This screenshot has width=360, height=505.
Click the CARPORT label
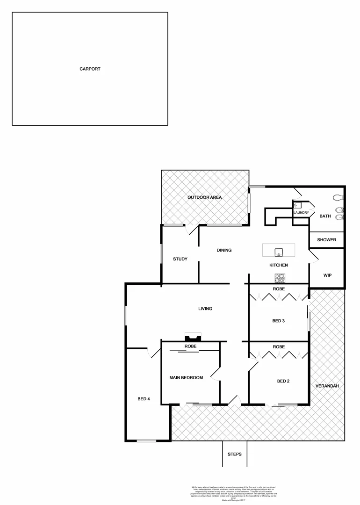tap(90, 69)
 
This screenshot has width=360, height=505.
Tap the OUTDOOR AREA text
tap(204, 197)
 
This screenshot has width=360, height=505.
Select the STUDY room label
tap(180, 259)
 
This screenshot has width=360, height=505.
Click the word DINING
tap(224, 250)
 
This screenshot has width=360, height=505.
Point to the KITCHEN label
tap(278, 265)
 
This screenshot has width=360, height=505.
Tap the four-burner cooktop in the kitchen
tap(280, 278)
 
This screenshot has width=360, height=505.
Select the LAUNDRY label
tap(301, 213)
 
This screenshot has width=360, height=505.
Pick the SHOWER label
tap(327, 240)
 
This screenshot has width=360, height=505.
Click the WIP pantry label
tap(327, 275)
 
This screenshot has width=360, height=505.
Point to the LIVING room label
tap(205, 309)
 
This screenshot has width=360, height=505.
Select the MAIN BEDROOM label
tap(186, 377)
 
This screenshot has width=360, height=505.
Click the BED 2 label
tap(283, 381)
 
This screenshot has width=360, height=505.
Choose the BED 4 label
tap(144, 399)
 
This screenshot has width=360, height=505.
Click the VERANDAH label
tap(327, 386)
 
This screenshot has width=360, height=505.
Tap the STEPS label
tap(234, 454)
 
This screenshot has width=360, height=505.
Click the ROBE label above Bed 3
tap(279, 289)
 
